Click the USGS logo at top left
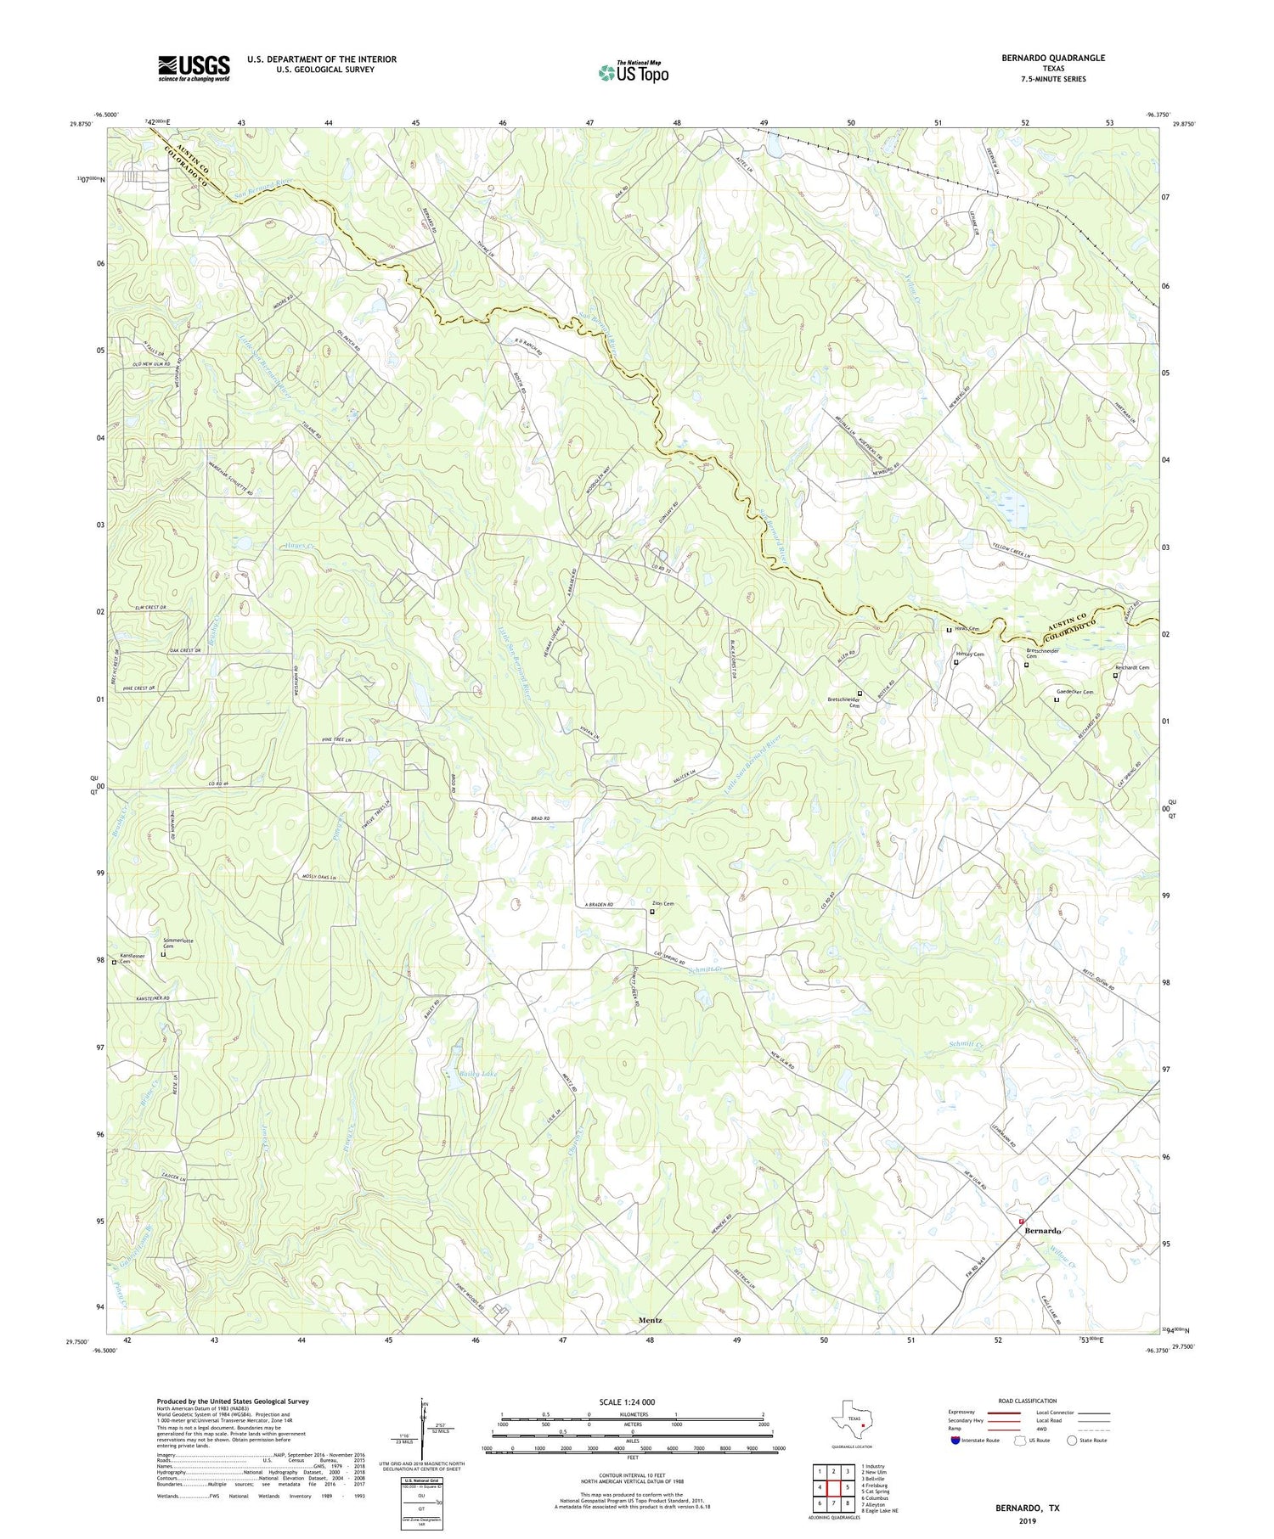pyautogui.click(x=194, y=68)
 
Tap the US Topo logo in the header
pyautogui.click(x=634, y=73)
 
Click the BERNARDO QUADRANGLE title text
pyautogui.click(x=1053, y=58)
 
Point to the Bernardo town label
pyautogui.click(x=1042, y=1231)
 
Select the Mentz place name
pyautogui.click(x=650, y=1321)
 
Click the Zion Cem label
pyautogui.click(x=662, y=903)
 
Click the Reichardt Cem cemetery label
pyautogui.click(x=1131, y=667)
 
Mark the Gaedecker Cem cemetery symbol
pyautogui.click(x=1057, y=699)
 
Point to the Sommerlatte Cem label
pyautogui.click(x=173, y=943)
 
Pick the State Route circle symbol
pyautogui.click(x=1072, y=1441)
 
